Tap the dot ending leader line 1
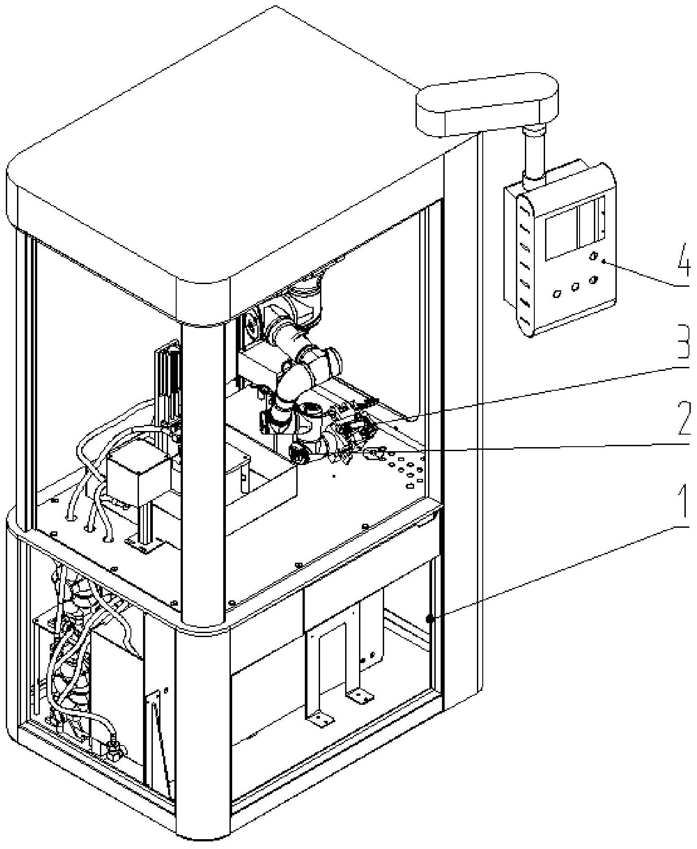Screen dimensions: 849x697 [429, 619]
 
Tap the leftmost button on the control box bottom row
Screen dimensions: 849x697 [557, 294]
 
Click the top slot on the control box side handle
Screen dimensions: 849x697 [524, 208]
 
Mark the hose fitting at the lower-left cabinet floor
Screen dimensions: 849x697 [114, 747]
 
